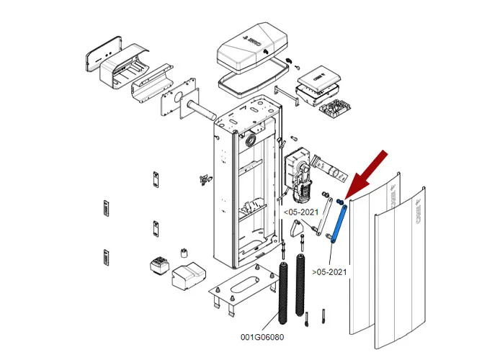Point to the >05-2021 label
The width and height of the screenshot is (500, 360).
pos(329,271)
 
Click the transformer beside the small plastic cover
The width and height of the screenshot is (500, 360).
pos(158,266)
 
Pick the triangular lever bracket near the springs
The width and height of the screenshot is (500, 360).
pos(296,228)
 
